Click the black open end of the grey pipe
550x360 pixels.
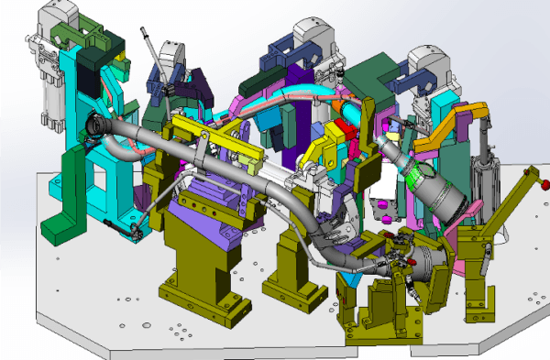click(x=94, y=124)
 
